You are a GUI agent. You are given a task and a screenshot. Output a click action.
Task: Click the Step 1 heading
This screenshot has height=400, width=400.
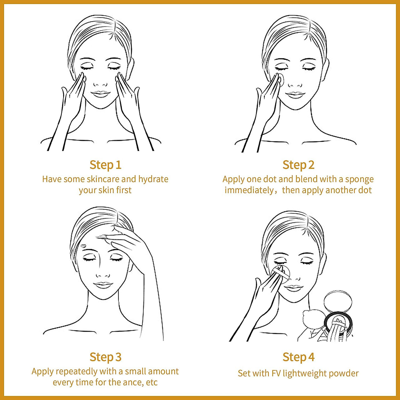point(105,165)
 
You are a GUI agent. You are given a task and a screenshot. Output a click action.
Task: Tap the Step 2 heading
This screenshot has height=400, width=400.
point(298,165)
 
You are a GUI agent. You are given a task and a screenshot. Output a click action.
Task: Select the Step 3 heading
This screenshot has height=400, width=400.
point(105,357)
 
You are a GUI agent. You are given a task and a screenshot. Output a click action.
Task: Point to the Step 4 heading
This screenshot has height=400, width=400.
point(298,357)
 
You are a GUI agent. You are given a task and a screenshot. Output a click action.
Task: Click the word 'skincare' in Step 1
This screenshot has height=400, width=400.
point(103,179)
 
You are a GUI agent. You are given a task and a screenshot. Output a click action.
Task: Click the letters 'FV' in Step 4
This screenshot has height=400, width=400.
point(276,373)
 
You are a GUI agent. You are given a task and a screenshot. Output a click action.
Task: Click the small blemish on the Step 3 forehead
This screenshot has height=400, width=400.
point(83,246)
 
